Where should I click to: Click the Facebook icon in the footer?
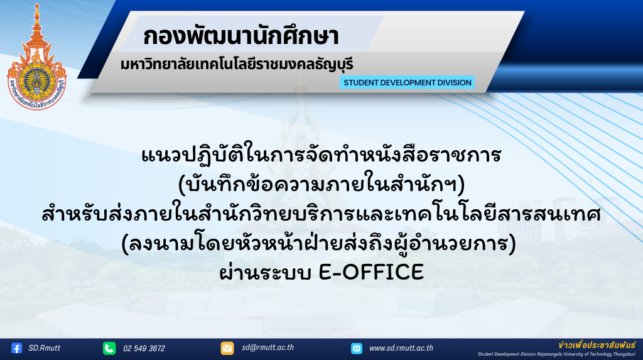[16, 348]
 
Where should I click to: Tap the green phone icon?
[109, 348]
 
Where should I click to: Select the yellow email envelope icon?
[227, 348]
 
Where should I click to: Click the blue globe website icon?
[357, 349]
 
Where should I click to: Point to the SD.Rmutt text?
[45, 348]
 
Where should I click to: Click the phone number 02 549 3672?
[144, 349]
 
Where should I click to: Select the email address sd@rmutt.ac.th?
[267, 347]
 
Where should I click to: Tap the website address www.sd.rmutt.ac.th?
[401, 348]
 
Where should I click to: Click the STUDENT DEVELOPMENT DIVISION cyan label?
[407, 82]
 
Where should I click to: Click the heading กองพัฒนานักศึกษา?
[241, 36]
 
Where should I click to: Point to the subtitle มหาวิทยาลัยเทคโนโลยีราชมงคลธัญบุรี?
[237, 65]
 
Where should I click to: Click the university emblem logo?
[37, 57]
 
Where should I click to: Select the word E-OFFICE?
[371, 272]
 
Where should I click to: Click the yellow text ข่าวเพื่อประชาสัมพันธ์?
[597, 345]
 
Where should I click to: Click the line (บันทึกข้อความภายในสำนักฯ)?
[322, 185]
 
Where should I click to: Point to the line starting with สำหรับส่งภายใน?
[321, 214]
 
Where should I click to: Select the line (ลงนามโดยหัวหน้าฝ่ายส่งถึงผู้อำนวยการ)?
[318, 243]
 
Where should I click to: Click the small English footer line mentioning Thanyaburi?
[556, 354]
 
